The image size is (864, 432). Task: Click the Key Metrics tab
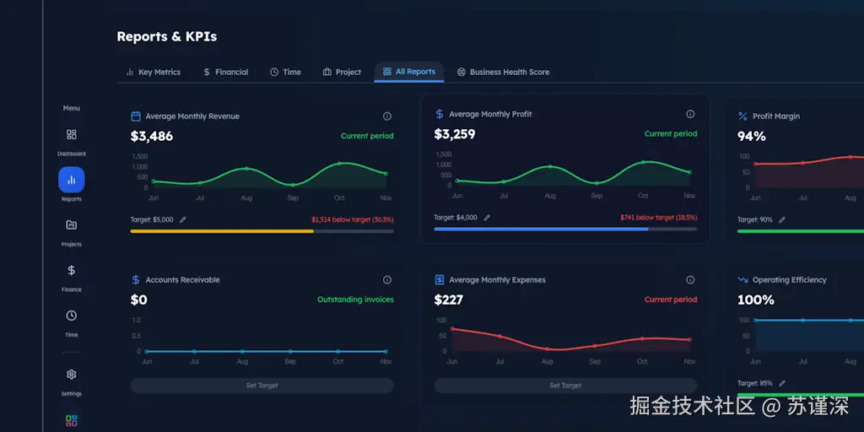tap(153, 73)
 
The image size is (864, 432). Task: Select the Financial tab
tap(225, 73)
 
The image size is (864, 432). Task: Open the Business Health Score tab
tap(503, 73)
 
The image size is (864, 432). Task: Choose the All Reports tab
tap(409, 72)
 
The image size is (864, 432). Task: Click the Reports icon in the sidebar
tap(71, 180)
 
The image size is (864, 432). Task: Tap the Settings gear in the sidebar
tap(71, 375)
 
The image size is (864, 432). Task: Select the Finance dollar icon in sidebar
tap(71, 271)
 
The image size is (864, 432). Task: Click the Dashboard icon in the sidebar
tap(71, 135)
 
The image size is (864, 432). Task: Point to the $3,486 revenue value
tap(152, 136)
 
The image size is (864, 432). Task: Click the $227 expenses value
tap(448, 300)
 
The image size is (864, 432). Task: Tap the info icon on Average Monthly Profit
tap(690, 114)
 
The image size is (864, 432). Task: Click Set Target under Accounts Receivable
tap(262, 386)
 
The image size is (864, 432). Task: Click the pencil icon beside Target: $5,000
tap(183, 219)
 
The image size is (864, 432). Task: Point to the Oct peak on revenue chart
tap(339, 163)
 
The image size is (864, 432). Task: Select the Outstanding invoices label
tap(355, 300)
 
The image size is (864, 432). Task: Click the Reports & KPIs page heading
tap(166, 36)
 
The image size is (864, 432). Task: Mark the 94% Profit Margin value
tap(751, 136)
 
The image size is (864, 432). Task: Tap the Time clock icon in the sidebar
tap(71, 316)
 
